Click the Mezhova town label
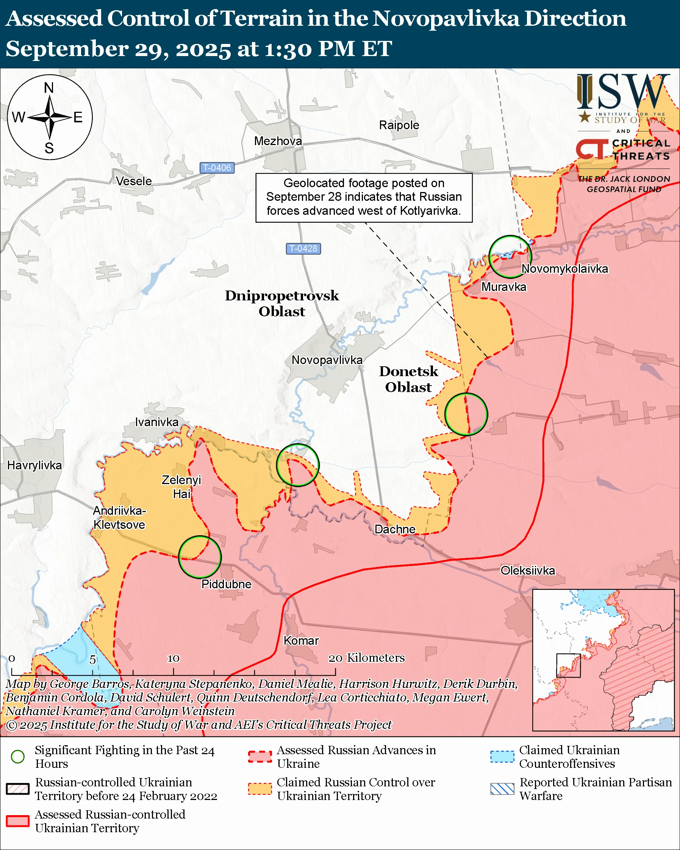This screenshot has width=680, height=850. (278, 141)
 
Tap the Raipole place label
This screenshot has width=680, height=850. (399, 125)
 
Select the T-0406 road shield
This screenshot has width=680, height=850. (217, 167)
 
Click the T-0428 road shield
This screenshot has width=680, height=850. (303, 248)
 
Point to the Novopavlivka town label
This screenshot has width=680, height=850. (327, 360)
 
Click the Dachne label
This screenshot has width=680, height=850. (395, 529)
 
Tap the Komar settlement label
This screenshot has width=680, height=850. (301, 641)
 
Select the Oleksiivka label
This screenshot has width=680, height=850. (527, 570)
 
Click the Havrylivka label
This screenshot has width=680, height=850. (35, 465)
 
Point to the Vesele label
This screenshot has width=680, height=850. (134, 181)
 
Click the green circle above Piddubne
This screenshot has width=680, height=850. (200, 557)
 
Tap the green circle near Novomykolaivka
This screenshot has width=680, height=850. (510, 257)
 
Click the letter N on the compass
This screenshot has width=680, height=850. (49, 87)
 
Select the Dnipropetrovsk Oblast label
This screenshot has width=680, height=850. (282, 303)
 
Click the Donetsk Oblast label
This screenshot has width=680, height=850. (408, 379)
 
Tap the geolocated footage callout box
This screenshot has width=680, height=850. (364, 197)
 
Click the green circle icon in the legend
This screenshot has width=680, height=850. (18, 756)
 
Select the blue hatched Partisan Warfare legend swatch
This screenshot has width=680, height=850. (502, 789)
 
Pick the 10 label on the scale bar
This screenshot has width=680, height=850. (174, 658)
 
